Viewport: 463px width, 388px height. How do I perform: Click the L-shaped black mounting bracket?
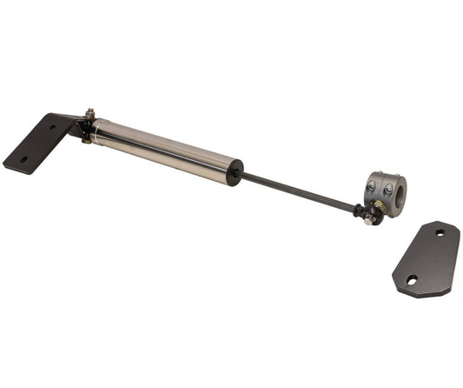(39, 143)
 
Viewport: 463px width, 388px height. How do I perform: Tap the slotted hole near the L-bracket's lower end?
(23, 160)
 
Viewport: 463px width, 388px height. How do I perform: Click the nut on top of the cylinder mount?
(89, 113)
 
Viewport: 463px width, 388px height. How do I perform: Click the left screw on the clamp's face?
(372, 186)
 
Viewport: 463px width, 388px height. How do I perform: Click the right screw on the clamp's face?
(387, 187)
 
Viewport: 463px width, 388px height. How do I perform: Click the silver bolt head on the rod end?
(370, 221)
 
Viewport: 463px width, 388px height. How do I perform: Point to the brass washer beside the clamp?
(379, 206)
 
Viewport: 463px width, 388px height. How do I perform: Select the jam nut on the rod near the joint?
(356, 209)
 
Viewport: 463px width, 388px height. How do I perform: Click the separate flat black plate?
(427, 258)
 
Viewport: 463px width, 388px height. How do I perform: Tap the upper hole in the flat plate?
(440, 233)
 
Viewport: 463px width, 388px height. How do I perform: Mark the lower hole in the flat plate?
(411, 280)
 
